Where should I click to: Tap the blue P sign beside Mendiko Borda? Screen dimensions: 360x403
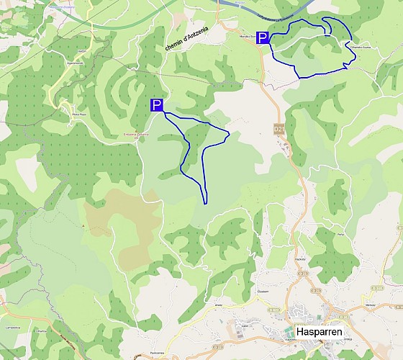click(x=263, y=38)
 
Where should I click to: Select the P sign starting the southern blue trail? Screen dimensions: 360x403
click(x=156, y=105)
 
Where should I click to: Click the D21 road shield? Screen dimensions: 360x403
click(x=278, y=128)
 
